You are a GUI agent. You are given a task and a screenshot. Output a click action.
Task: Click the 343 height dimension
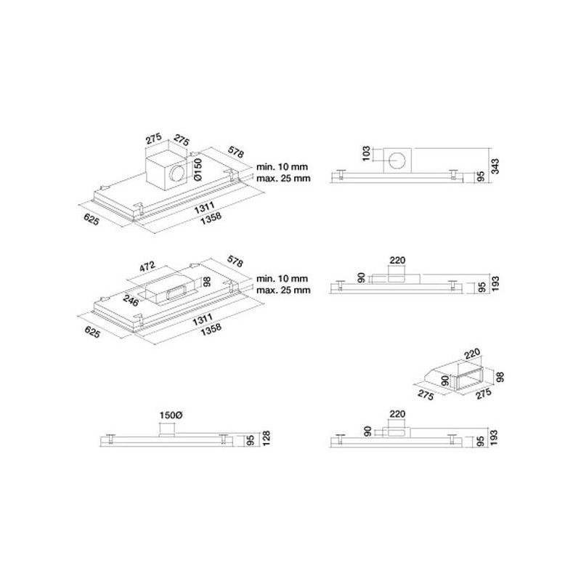tap(495, 166)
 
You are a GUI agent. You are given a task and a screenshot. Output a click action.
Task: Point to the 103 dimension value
tap(366, 153)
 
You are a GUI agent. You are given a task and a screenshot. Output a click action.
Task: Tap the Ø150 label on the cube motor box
tap(197, 169)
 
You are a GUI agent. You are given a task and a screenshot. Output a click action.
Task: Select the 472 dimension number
tap(148, 267)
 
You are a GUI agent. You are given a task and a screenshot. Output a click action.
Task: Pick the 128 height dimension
tap(266, 438)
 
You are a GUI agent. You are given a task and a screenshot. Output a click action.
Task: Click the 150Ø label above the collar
tap(171, 415)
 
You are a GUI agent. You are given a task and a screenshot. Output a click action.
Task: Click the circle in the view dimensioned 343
tap(397, 161)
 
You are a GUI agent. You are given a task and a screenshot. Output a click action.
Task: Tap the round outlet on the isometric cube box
tap(178, 174)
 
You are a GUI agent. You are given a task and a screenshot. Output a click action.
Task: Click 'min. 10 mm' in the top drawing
tap(282, 167)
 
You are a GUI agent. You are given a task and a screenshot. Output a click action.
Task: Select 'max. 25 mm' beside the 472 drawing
tap(283, 290)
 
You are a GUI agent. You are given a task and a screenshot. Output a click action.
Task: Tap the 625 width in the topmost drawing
tap(92, 219)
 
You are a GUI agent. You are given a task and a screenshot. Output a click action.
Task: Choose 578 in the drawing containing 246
tap(235, 262)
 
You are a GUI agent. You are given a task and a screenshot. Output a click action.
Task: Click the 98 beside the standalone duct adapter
tap(500, 377)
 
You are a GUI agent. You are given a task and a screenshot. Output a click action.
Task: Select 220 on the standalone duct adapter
tap(471, 354)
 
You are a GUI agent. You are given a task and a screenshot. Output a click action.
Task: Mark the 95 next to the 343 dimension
tap(481, 176)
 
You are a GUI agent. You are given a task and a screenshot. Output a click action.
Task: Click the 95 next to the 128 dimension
tap(251, 441)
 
